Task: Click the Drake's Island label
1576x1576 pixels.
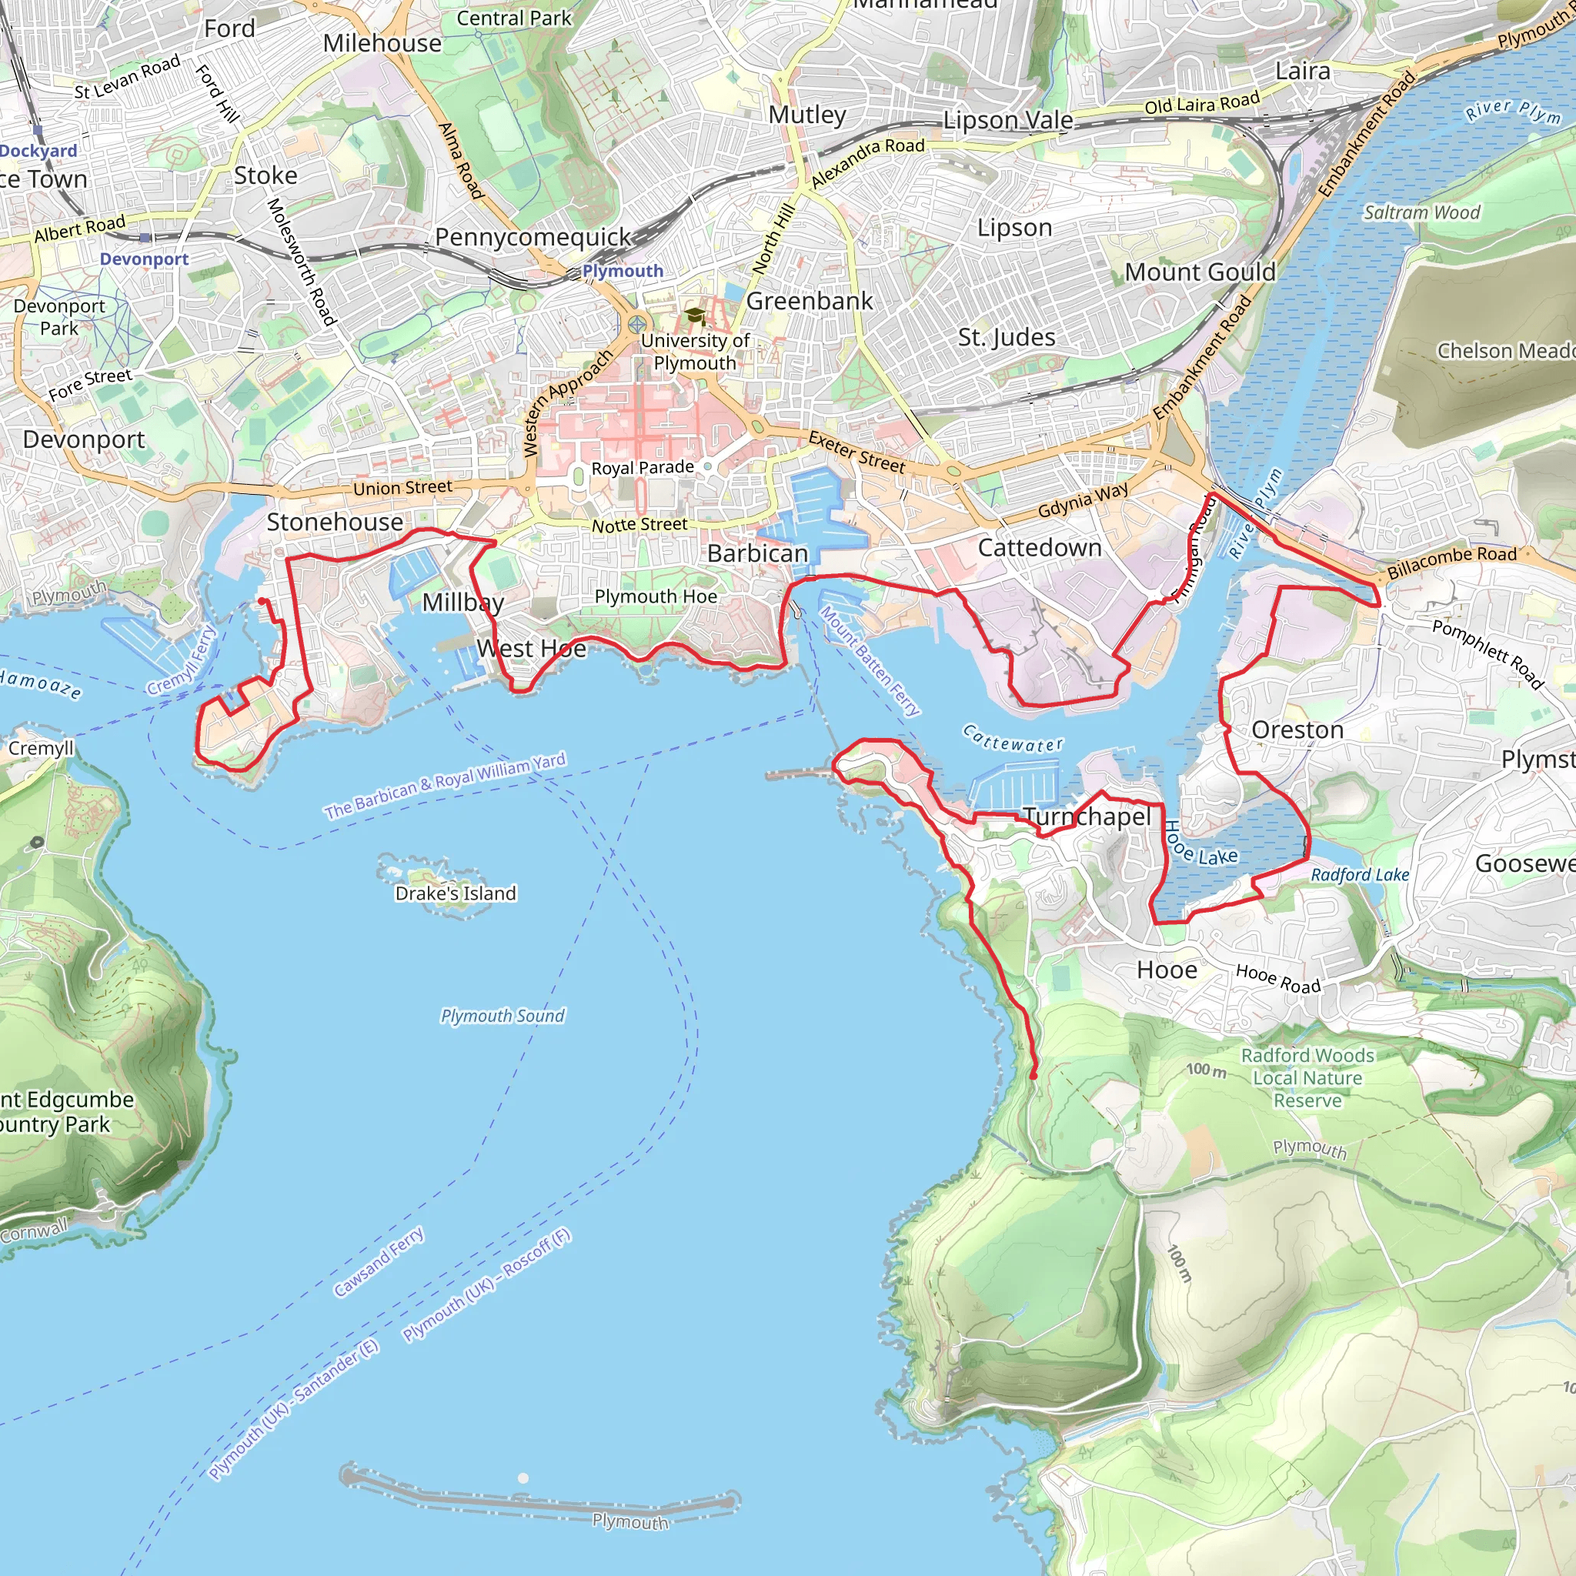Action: coord(456,893)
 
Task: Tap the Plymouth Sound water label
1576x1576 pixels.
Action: coord(503,1016)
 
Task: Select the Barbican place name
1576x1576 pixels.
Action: coord(757,553)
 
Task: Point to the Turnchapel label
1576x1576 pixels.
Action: coord(1087,816)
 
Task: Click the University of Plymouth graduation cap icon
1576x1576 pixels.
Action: coord(694,315)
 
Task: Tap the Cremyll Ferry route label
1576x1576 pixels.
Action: coord(182,660)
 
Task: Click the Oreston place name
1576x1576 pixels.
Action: coord(1297,730)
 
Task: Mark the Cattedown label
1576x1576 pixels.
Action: coord(1039,547)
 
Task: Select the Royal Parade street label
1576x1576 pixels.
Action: coord(643,467)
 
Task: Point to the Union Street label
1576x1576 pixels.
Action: coord(402,488)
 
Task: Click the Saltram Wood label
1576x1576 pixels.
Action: coord(1422,213)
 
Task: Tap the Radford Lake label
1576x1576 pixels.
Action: coord(1360,874)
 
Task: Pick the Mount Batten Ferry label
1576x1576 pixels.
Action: coord(870,662)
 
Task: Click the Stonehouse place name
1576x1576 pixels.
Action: coord(335,522)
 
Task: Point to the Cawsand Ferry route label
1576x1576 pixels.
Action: coord(379,1262)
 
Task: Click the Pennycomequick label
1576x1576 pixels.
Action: coord(533,237)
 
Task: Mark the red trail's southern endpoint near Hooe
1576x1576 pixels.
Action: coord(1033,1076)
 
